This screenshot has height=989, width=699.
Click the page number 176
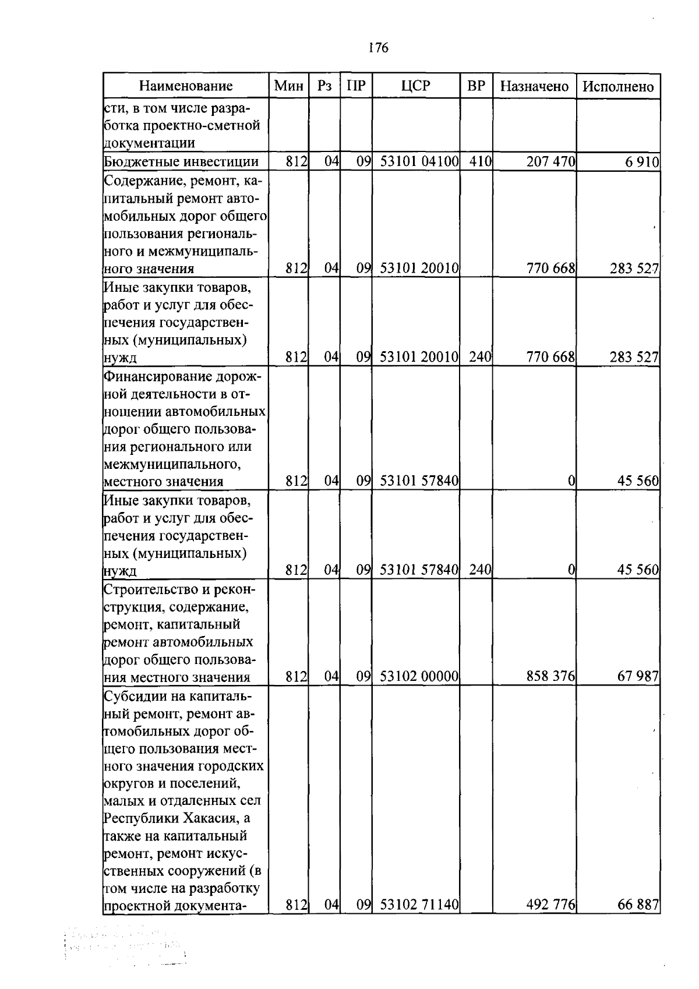[379, 48]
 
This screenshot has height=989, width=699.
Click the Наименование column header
[186, 86]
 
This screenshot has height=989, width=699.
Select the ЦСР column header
[416, 86]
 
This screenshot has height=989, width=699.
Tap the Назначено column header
[534, 86]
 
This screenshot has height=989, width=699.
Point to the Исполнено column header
[618, 86]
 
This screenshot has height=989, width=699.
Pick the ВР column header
[476, 86]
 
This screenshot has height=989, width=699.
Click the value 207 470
[550, 162]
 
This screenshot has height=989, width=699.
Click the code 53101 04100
[419, 162]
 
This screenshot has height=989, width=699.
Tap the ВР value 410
[481, 162]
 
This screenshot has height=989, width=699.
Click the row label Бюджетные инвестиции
[181, 162]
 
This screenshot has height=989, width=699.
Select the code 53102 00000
[419, 676]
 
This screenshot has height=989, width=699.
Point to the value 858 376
[550, 676]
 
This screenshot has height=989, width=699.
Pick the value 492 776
[550, 905]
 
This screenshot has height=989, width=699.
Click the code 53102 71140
[419, 905]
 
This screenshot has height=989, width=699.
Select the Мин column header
[289, 86]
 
